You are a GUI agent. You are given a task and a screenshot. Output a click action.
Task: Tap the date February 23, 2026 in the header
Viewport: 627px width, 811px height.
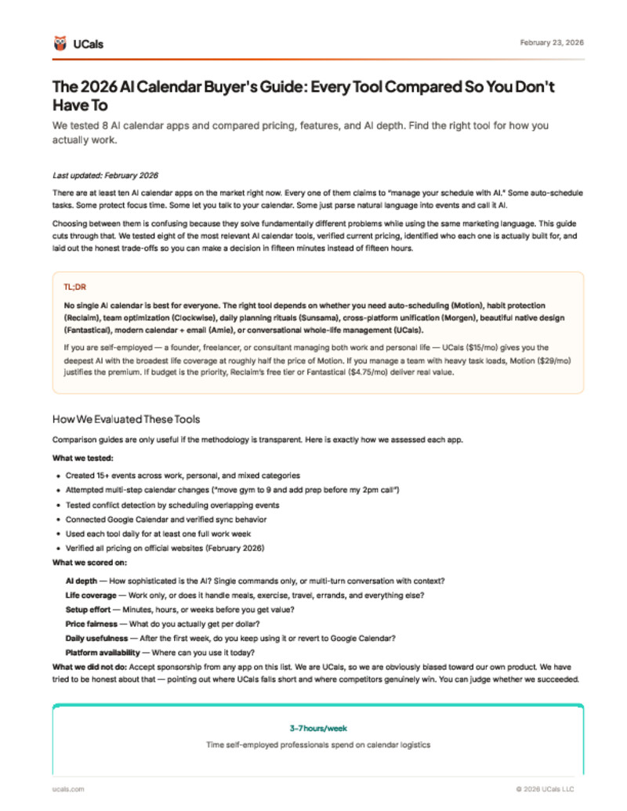551,42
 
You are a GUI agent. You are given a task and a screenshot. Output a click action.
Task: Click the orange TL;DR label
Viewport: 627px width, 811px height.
74,288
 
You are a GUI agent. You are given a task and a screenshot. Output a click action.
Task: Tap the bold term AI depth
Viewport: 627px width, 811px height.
82,580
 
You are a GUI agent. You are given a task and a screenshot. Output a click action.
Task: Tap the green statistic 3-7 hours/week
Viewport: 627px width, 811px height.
317,728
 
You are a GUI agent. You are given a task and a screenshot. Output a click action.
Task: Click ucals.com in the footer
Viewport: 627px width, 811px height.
68,788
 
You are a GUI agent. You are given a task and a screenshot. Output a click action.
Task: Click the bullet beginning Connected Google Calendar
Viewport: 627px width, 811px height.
166,519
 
